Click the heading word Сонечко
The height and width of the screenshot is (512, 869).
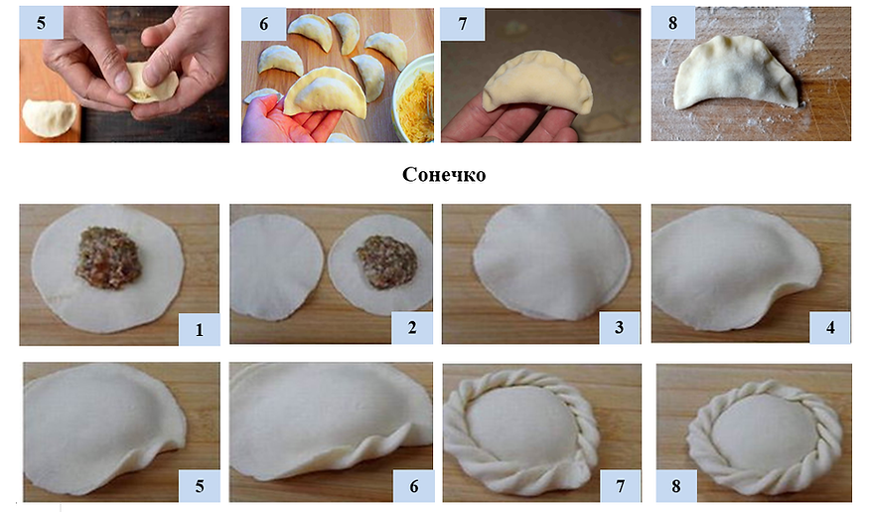click(444, 174)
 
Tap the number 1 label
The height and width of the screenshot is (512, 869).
click(199, 329)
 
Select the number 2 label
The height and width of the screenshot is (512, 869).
click(412, 327)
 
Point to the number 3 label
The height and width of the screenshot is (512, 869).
click(619, 327)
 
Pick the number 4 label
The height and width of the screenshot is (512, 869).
click(829, 327)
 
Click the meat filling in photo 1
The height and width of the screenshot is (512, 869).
click(108, 257)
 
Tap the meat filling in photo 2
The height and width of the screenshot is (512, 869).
click(387, 261)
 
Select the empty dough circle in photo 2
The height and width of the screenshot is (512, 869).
click(276, 266)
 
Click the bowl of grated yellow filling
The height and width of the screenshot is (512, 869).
click(414, 98)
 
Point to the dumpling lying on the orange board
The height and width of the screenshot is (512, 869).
click(49, 117)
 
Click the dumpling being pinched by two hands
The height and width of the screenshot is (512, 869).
click(151, 85)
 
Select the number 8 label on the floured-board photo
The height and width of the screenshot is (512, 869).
click(672, 23)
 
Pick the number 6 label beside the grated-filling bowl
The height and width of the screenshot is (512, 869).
click(264, 24)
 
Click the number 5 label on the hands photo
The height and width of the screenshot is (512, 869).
click(41, 23)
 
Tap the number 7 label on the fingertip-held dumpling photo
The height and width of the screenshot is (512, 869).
click(463, 24)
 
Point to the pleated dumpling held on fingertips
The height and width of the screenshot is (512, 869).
click(537, 83)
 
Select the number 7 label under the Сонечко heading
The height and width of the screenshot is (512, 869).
click(620, 486)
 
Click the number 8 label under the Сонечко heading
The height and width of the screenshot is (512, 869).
click(676, 486)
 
